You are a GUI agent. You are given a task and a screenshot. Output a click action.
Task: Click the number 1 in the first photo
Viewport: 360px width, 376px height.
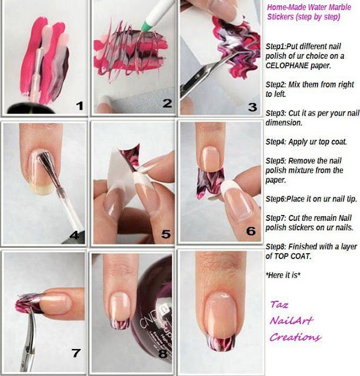80,106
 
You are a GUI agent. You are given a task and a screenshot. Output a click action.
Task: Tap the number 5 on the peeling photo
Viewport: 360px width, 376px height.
166,234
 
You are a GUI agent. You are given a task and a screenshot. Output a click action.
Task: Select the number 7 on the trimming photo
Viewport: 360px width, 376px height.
76,352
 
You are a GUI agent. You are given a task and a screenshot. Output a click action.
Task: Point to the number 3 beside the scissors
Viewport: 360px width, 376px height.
252,107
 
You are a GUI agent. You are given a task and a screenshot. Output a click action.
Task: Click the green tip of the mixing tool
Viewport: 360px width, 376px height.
145,26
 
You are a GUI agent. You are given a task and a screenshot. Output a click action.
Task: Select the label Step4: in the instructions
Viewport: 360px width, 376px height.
276,142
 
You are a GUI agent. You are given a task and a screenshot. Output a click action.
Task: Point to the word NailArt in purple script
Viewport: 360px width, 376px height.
291,320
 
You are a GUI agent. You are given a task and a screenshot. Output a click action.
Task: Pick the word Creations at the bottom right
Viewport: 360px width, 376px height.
295,337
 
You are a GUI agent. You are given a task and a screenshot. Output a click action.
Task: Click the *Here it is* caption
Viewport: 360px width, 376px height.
283,275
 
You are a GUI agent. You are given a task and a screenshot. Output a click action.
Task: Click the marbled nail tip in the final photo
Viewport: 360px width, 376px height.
221,343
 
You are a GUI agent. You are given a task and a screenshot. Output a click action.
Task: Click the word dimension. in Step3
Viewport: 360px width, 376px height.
284,123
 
